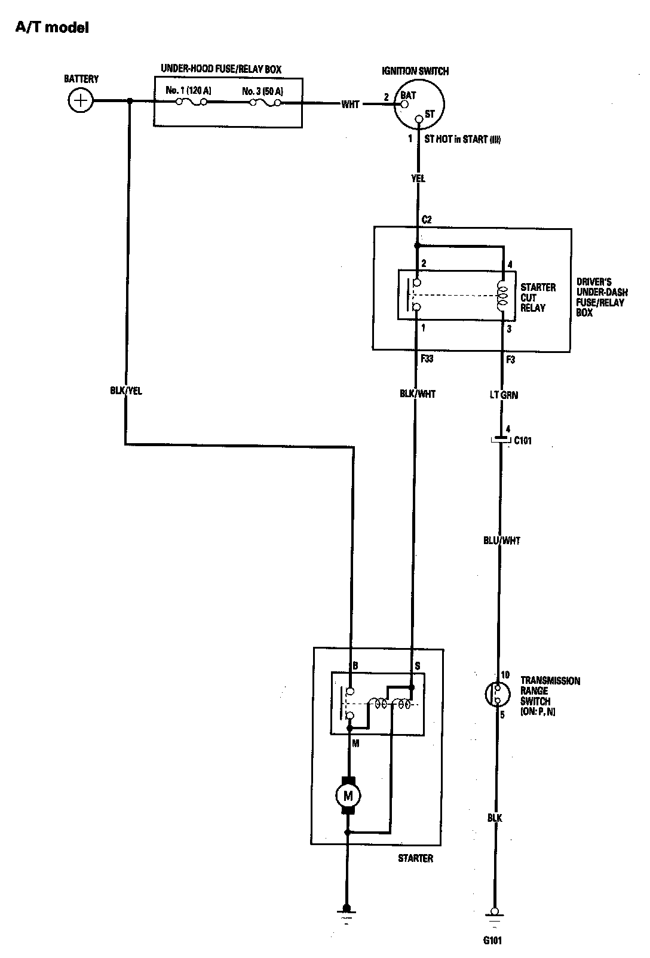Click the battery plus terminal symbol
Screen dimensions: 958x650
pyautogui.click(x=81, y=100)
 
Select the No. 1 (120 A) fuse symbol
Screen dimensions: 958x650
pyautogui.click(x=192, y=102)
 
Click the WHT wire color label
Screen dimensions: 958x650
pyautogui.click(x=350, y=105)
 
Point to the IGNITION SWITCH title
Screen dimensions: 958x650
pyautogui.click(x=415, y=71)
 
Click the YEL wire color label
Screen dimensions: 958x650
pyautogui.click(x=418, y=179)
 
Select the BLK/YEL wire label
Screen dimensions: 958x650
pyautogui.click(x=127, y=391)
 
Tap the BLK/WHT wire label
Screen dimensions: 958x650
pyautogui.click(x=418, y=394)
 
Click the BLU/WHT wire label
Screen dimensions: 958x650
pyautogui.click(x=502, y=541)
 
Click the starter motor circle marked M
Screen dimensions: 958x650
pyautogui.click(x=348, y=795)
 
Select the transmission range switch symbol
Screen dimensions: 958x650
pyautogui.click(x=498, y=693)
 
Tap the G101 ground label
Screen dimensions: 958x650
pyautogui.click(x=493, y=941)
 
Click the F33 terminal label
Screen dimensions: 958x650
pyautogui.click(x=427, y=359)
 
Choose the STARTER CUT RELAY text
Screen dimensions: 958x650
pyautogui.click(x=538, y=297)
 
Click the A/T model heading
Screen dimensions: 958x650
pyautogui.click(x=52, y=27)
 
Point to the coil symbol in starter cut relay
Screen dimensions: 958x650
pyautogui.click(x=502, y=296)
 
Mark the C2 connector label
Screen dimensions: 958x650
pyautogui.click(x=427, y=220)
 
